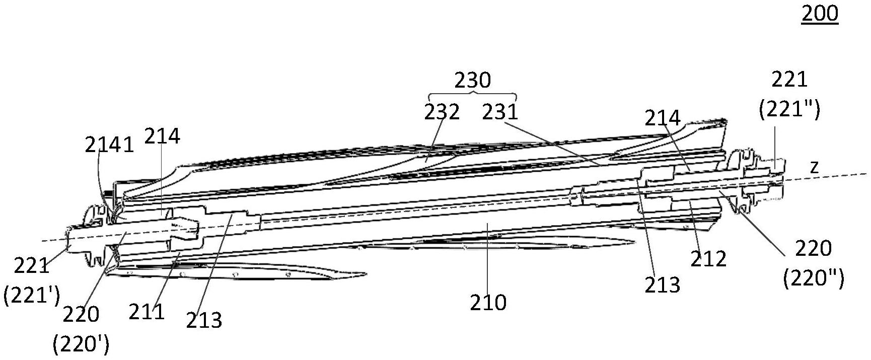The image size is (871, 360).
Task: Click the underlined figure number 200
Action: (820, 14)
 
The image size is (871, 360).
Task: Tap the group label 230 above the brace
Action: (472, 80)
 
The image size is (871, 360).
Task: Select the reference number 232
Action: (442, 112)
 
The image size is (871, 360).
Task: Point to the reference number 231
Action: (500, 112)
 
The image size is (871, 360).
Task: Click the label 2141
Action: (109, 145)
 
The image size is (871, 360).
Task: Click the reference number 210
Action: (488, 303)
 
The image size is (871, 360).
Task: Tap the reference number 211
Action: (147, 312)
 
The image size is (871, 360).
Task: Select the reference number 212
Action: (708, 259)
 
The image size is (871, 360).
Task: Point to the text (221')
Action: (32, 296)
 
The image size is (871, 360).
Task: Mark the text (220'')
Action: (814, 278)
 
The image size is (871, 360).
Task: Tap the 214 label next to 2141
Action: (162, 136)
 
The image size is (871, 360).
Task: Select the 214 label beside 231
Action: (663, 118)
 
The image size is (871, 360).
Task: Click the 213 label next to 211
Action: (204, 320)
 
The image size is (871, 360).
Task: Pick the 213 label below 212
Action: (662, 285)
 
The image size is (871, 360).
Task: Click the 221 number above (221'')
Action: (789, 79)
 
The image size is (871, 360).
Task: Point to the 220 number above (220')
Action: (81, 315)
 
